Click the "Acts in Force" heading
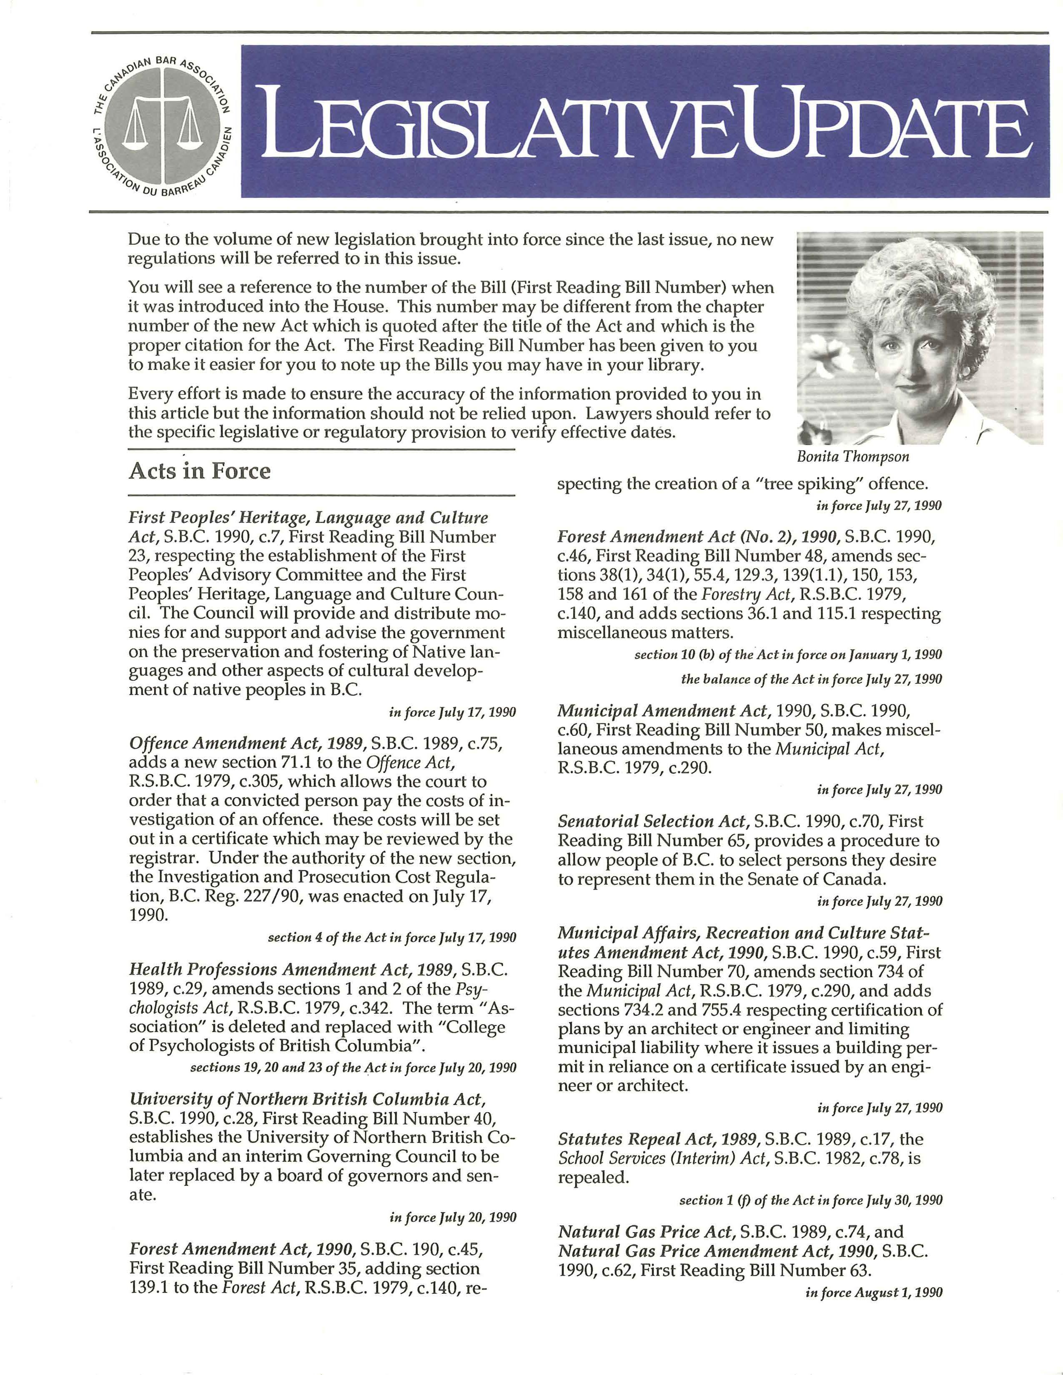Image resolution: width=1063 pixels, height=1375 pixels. pos(200,471)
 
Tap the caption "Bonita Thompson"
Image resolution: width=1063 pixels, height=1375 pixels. pos(852,456)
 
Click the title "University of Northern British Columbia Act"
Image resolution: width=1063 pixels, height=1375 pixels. pos(307,1099)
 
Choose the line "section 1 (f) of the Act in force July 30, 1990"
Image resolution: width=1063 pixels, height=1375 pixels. pos(810,1200)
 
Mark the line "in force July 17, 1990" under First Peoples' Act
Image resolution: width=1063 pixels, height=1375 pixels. pos(452,712)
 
